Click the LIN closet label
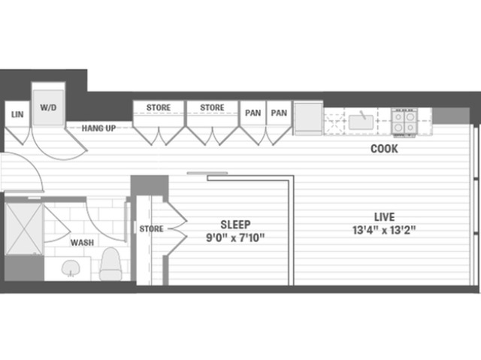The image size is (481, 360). click(17, 114)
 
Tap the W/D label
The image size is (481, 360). click(48, 107)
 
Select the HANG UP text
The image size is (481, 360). click(98, 129)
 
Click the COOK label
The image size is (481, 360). click(384, 149)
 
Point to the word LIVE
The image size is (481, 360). click(384, 217)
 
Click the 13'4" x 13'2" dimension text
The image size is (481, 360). click(384, 230)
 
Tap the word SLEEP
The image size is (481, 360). click(235, 225)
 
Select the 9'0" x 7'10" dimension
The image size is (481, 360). click(235, 237)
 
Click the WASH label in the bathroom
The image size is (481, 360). click(82, 243)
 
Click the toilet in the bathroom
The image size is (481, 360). click(110, 264)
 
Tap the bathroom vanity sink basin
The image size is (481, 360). click(71, 268)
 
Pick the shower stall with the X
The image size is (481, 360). click(24, 228)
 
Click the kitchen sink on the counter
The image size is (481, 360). click(361, 122)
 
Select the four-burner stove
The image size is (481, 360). click(404, 122)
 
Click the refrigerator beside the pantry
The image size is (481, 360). click(308, 118)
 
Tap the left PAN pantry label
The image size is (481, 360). click(253, 113)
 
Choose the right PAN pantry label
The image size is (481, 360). click(279, 113)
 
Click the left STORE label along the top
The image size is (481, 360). click(159, 107)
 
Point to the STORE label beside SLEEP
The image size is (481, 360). click(151, 228)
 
